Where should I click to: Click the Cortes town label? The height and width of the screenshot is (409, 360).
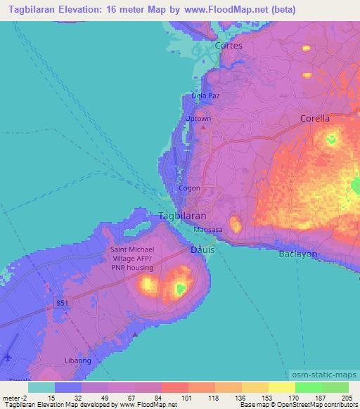click(228, 46)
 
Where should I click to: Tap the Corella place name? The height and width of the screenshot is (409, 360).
click(314, 118)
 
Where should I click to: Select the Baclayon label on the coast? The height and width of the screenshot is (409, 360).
click(299, 253)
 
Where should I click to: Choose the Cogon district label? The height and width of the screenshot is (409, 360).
click(189, 188)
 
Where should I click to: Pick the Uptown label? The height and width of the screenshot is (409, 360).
click(198, 119)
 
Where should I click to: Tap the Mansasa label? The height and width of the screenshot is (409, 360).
click(209, 229)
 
